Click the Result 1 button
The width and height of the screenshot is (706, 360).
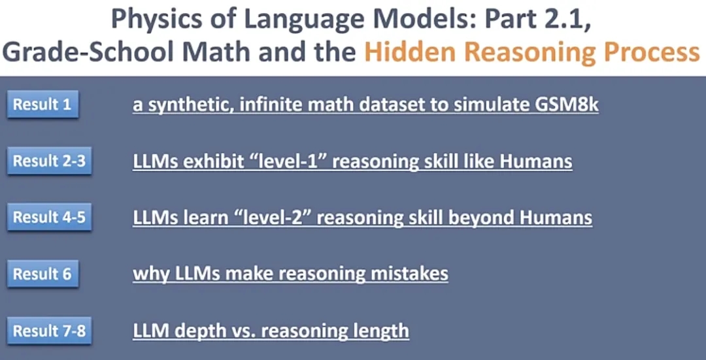pyautogui.click(x=42, y=105)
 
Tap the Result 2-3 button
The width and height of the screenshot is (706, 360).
pyautogui.click(x=49, y=161)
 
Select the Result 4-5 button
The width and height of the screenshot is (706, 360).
pyautogui.click(x=49, y=217)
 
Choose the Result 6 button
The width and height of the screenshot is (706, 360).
pyautogui.click(x=42, y=274)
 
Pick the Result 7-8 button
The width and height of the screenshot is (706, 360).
pyautogui.click(x=49, y=331)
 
